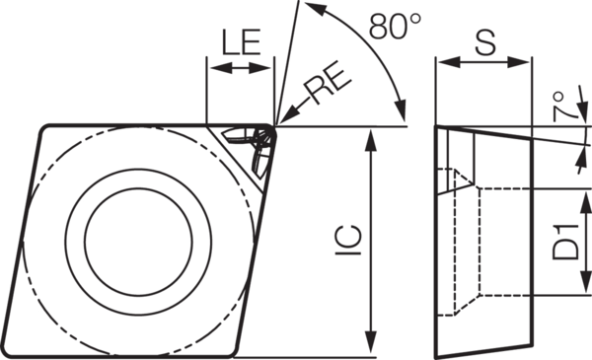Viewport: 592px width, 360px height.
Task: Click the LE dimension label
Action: [240, 42]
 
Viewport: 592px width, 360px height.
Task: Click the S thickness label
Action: [484, 41]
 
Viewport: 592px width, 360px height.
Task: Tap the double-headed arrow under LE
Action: [240, 68]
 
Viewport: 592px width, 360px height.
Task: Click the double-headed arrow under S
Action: [484, 62]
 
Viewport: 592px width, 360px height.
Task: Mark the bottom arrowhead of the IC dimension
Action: [370, 349]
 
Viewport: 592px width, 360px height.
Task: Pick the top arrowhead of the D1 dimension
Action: [578, 193]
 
